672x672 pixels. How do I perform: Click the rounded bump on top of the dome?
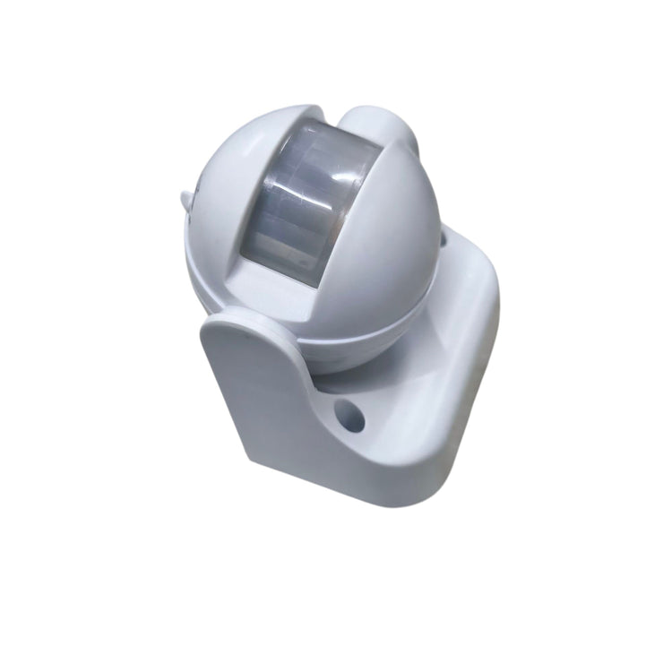tap(377, 125)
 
